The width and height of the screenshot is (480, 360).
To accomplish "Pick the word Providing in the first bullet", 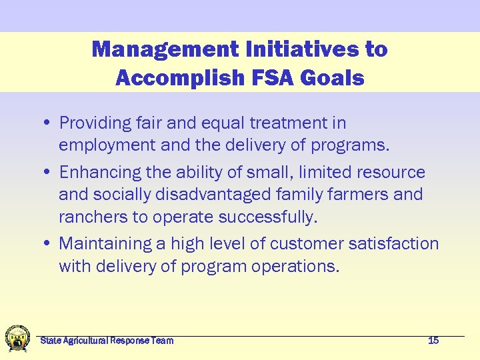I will tap(95, 123).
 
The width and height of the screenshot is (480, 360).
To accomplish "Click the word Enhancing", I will tap(99, 173).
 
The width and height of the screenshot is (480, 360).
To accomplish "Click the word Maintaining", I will tap(105, 244).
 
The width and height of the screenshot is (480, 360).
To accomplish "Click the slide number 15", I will tap(433, 341).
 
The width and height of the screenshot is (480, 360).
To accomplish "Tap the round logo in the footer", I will tap(17, 339).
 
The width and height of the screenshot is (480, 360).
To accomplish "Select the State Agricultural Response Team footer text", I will tap(107, 341).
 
